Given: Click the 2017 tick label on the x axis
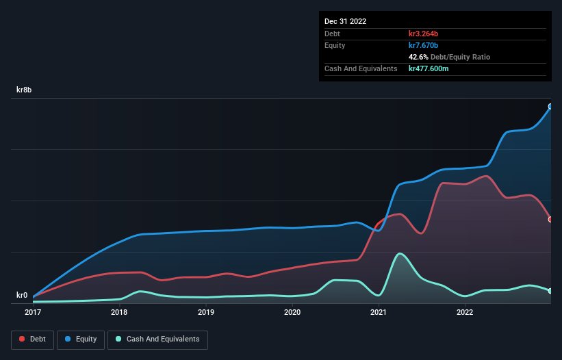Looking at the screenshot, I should click(x=33, y=313).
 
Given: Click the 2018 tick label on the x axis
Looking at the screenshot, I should click(x=119, y=313).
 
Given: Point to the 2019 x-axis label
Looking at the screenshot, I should click(x=206, y=313).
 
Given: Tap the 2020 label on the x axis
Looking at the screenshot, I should click(x=292, y=313).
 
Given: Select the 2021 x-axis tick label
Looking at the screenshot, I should click(x=379, y=313).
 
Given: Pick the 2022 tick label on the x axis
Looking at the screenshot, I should click(x=465, y=313).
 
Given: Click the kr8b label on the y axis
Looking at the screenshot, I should click(x=25, y=90).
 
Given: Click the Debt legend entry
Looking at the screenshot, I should click(x=34, y=339).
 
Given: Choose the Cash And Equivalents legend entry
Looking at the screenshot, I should click(x=157, y=339).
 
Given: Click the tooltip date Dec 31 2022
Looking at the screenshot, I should click(x=346, y=21).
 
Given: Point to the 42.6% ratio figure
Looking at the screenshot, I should click(x=419, y=57).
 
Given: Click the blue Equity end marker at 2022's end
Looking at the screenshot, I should click(x=550, y=107).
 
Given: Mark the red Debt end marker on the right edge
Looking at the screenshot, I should click(x=550, y=220).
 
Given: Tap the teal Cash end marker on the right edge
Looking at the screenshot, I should click(x=550, y=291).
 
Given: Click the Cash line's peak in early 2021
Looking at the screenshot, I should click(x=400, y=254).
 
